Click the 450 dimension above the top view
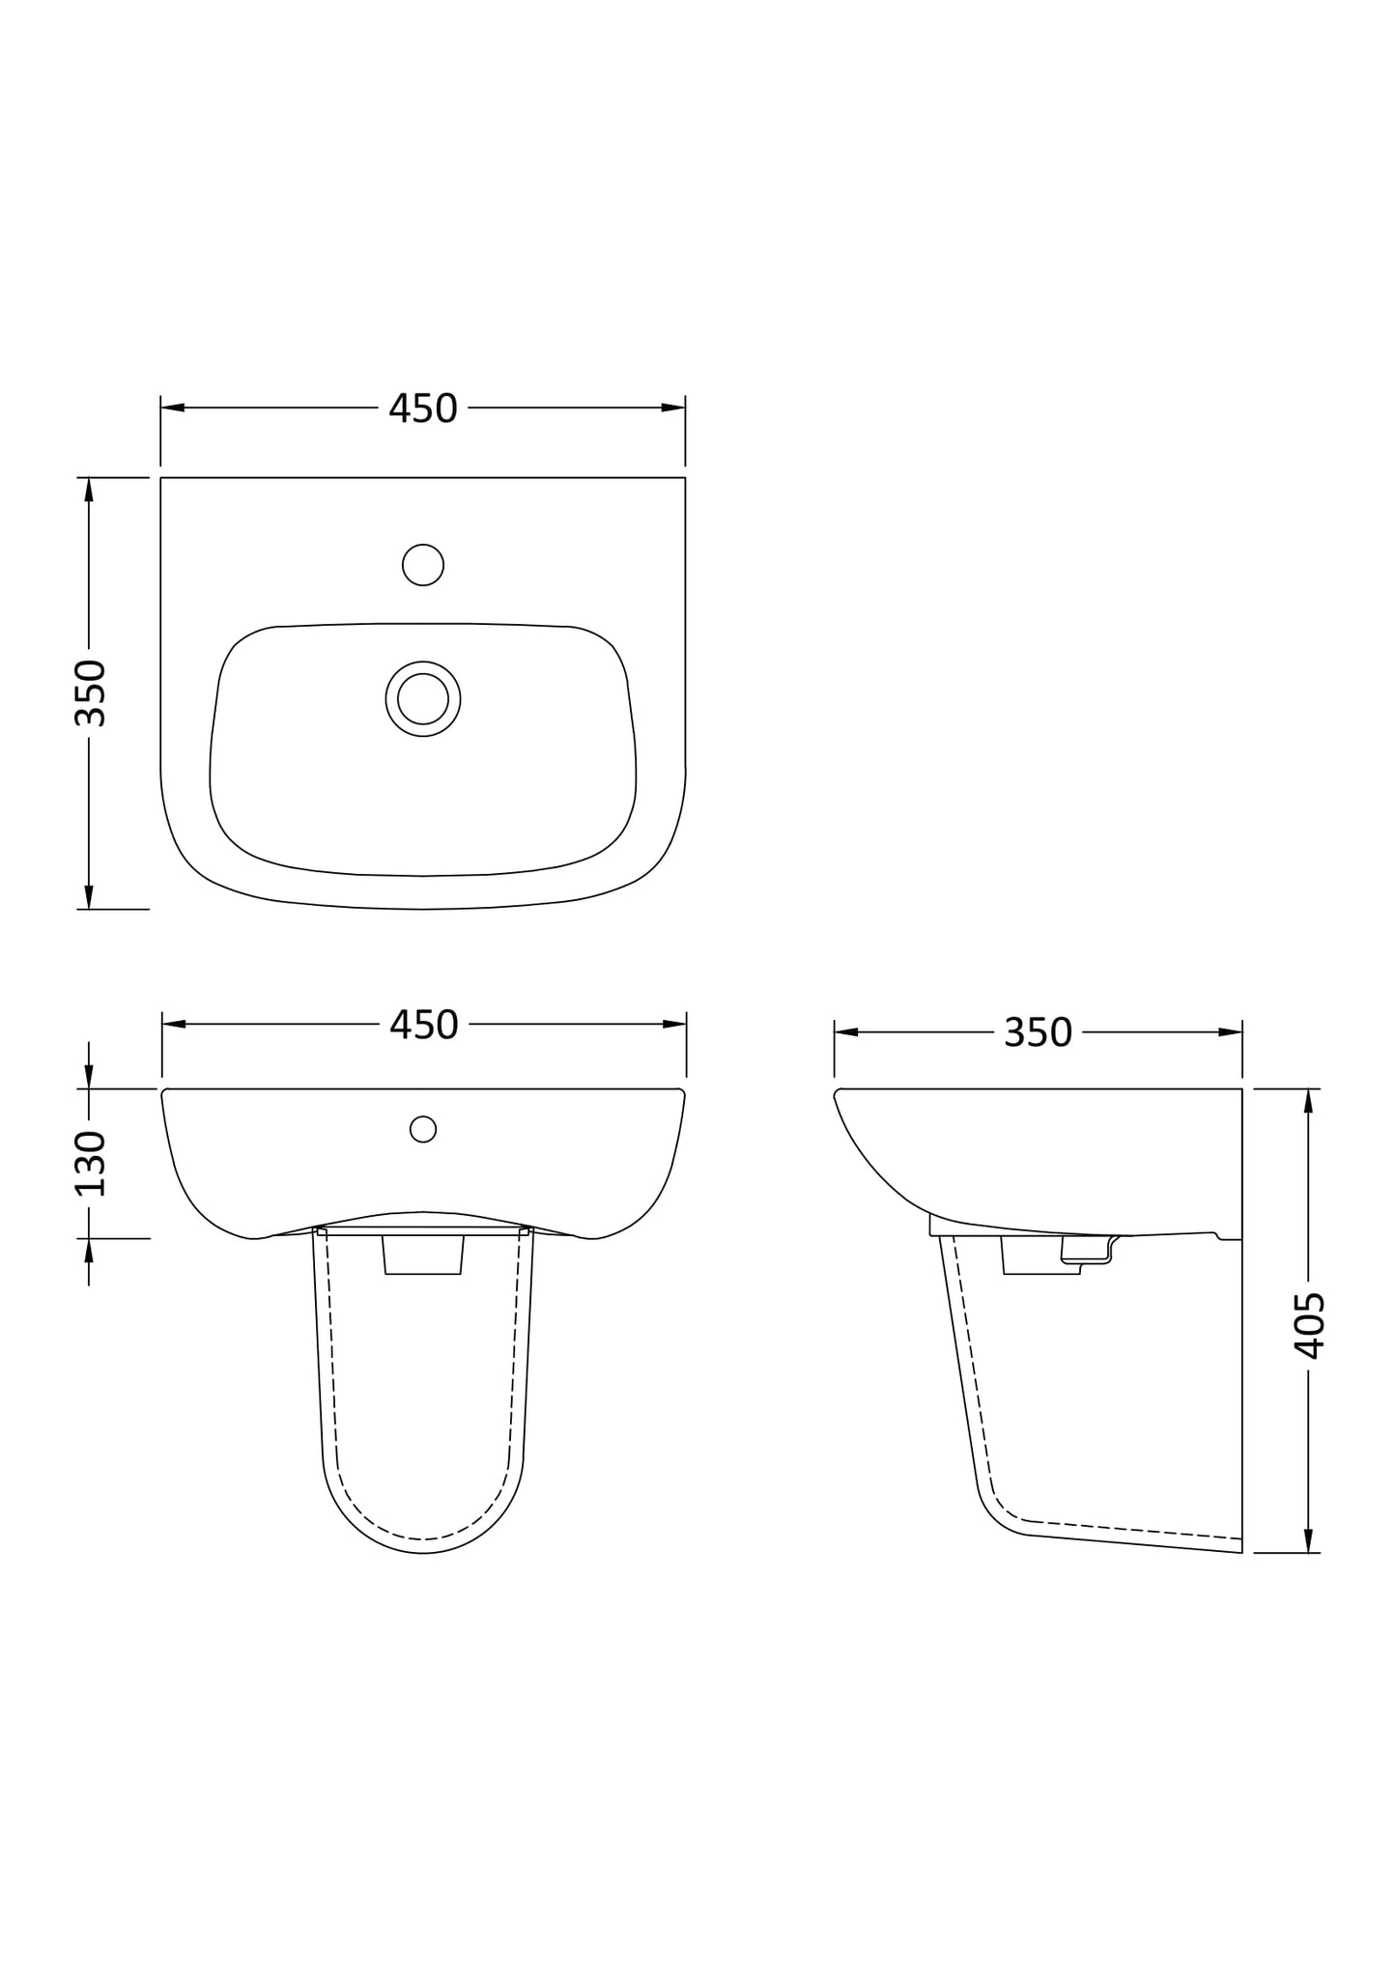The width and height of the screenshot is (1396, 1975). (422, 409)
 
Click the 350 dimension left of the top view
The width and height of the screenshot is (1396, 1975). (90, 692)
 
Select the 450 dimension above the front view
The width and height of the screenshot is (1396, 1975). (423, 1025)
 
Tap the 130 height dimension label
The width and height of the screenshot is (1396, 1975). (90, 1163)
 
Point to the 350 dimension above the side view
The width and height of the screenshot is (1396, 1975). (1038, 1033)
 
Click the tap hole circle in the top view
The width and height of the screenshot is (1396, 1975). (423, 565)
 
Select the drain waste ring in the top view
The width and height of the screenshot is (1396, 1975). (423, 699)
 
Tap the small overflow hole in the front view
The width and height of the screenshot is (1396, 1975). (423, 1128)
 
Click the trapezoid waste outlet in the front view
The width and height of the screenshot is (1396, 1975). (423, 1256)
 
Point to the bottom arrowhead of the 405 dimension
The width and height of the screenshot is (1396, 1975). (1308, 1541)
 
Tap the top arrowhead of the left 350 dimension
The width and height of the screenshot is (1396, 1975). (89, 490)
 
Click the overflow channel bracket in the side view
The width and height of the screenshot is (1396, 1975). (1087, 1251)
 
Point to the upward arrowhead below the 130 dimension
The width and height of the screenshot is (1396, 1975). (89, 1251)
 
